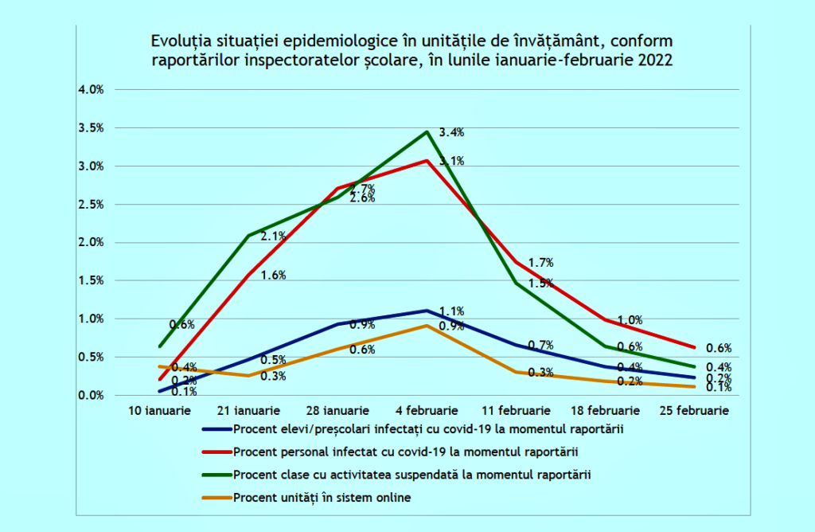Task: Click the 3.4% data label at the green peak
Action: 451,133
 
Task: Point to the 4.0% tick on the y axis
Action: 91,90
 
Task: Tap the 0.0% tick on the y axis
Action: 91,396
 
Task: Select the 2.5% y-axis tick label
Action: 91,205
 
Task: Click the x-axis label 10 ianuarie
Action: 161,411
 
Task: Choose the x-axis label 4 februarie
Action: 427,411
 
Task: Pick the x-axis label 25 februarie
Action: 696,411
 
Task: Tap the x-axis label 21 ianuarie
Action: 249,411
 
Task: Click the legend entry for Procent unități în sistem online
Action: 322,498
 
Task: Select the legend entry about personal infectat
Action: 405,452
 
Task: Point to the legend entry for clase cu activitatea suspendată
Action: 413,475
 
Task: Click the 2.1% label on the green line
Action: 273,237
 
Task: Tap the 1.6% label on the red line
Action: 273,276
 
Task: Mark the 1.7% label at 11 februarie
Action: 540,263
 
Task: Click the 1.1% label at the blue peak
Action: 451,311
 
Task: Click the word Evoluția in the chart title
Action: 179,41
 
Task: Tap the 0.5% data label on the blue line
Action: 273,360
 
